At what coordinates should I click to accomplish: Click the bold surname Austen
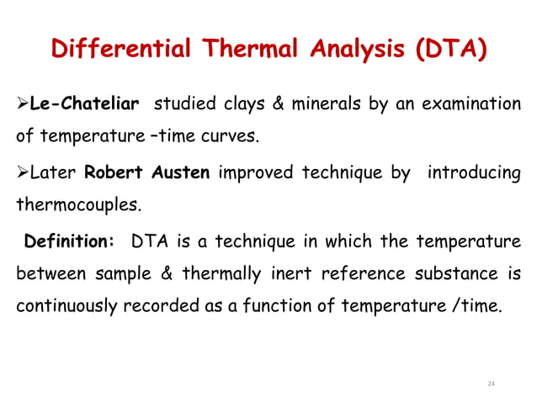178,174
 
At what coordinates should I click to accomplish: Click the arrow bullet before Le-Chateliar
22,104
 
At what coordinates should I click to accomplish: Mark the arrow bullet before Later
22,174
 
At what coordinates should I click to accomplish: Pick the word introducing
474,174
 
